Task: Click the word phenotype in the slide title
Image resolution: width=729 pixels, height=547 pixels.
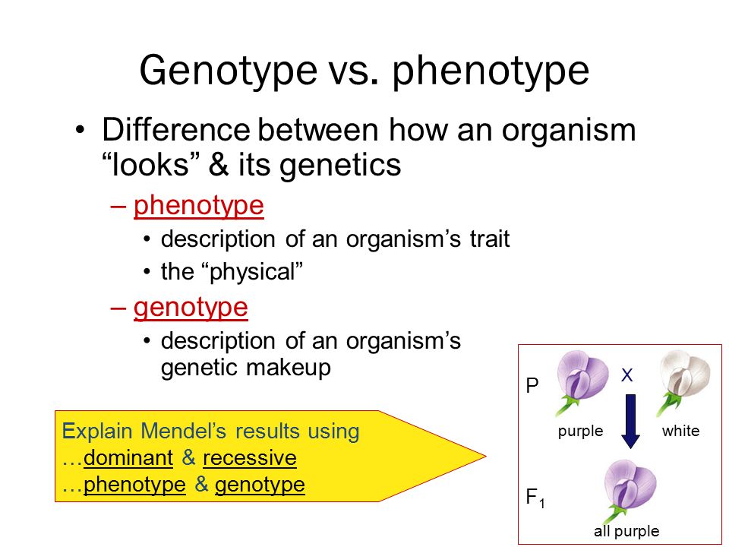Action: [x=491, y=71]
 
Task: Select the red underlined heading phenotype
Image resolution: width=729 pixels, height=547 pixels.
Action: [x=198, y=206]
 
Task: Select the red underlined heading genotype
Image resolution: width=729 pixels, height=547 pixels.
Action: [x=191, y=308]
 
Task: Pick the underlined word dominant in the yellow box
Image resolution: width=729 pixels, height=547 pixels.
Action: [x=128, y=457]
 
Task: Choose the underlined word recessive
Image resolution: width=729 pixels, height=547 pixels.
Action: [x=250, y=457]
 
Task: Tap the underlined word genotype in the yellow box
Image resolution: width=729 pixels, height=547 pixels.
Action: [x=260, y=485]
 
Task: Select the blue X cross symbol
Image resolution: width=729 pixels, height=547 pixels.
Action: [x=626, y=375]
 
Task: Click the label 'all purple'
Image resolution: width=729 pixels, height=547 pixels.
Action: [x=626, y=531]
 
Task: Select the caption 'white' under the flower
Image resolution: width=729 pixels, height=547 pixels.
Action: [x=680, y=431]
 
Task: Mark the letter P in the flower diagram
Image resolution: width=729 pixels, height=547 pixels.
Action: [x=532, y=385]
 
